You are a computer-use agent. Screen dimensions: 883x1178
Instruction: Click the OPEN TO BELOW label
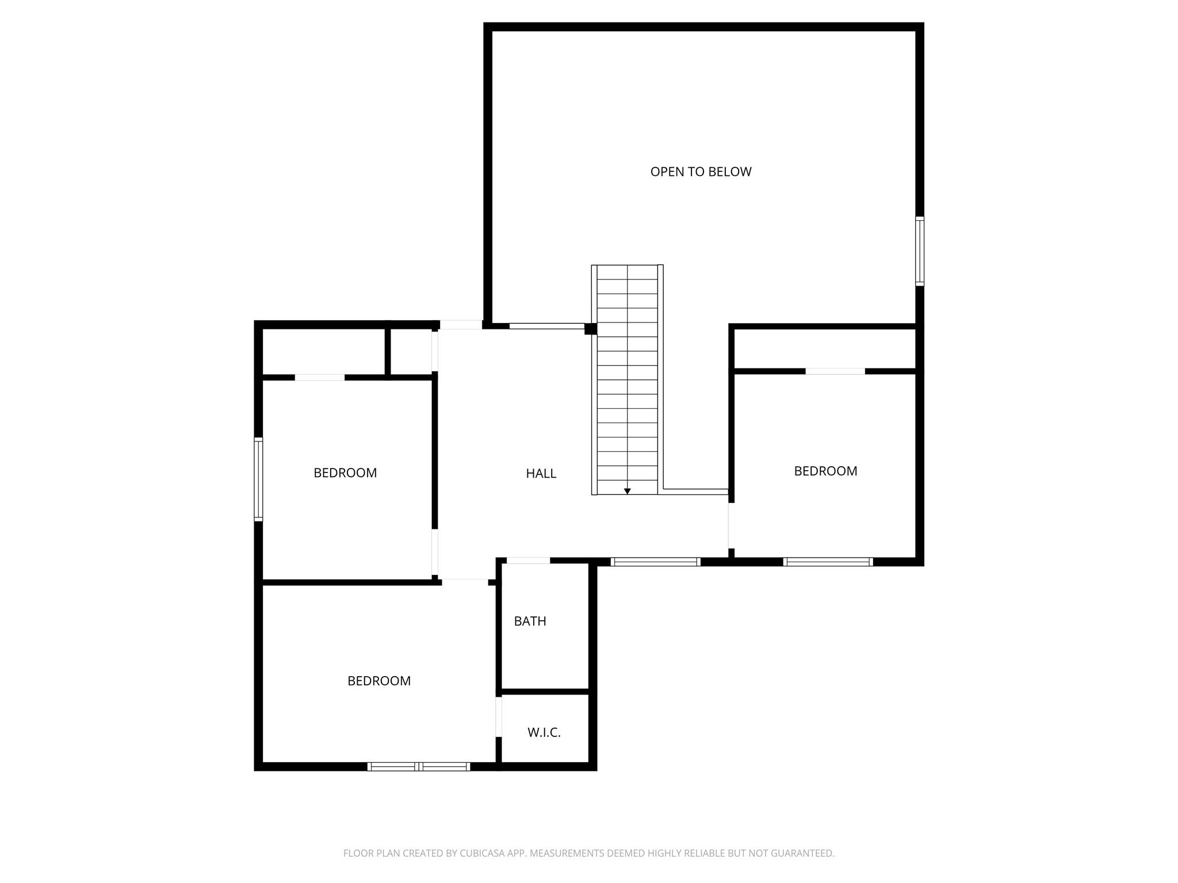coord(701,172)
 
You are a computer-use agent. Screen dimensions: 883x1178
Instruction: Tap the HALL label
coord(541,474)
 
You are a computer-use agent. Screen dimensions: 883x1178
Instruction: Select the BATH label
coord(530,621)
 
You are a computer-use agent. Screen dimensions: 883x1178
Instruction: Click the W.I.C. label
coord(544,733)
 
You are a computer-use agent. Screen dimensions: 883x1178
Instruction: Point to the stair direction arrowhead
coord(628,492)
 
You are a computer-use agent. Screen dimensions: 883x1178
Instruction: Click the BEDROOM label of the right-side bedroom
coord(825,471)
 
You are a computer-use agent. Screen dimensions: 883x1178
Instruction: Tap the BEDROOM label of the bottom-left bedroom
coord(379,681)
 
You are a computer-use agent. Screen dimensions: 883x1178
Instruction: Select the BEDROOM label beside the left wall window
coord(345,473)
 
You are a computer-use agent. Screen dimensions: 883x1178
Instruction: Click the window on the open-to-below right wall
coord(920,251)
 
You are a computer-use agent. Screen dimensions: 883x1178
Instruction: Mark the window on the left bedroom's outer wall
coord(259,479)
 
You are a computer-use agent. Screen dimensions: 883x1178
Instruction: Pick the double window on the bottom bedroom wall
coord(419,766)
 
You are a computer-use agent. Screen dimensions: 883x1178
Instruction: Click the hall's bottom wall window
coord(655,562)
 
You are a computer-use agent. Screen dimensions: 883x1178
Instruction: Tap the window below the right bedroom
coord(828,562)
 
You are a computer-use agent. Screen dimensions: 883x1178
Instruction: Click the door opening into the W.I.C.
coord(499,716)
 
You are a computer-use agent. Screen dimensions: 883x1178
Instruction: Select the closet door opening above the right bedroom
coord(835,371)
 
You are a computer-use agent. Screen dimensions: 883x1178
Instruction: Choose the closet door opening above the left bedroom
coord(320,378)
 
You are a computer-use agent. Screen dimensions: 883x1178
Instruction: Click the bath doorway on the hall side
coord(528,560)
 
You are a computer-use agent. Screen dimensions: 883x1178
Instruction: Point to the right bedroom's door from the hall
coord(731,525)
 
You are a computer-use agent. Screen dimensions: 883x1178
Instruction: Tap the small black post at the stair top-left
coord(591,329)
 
